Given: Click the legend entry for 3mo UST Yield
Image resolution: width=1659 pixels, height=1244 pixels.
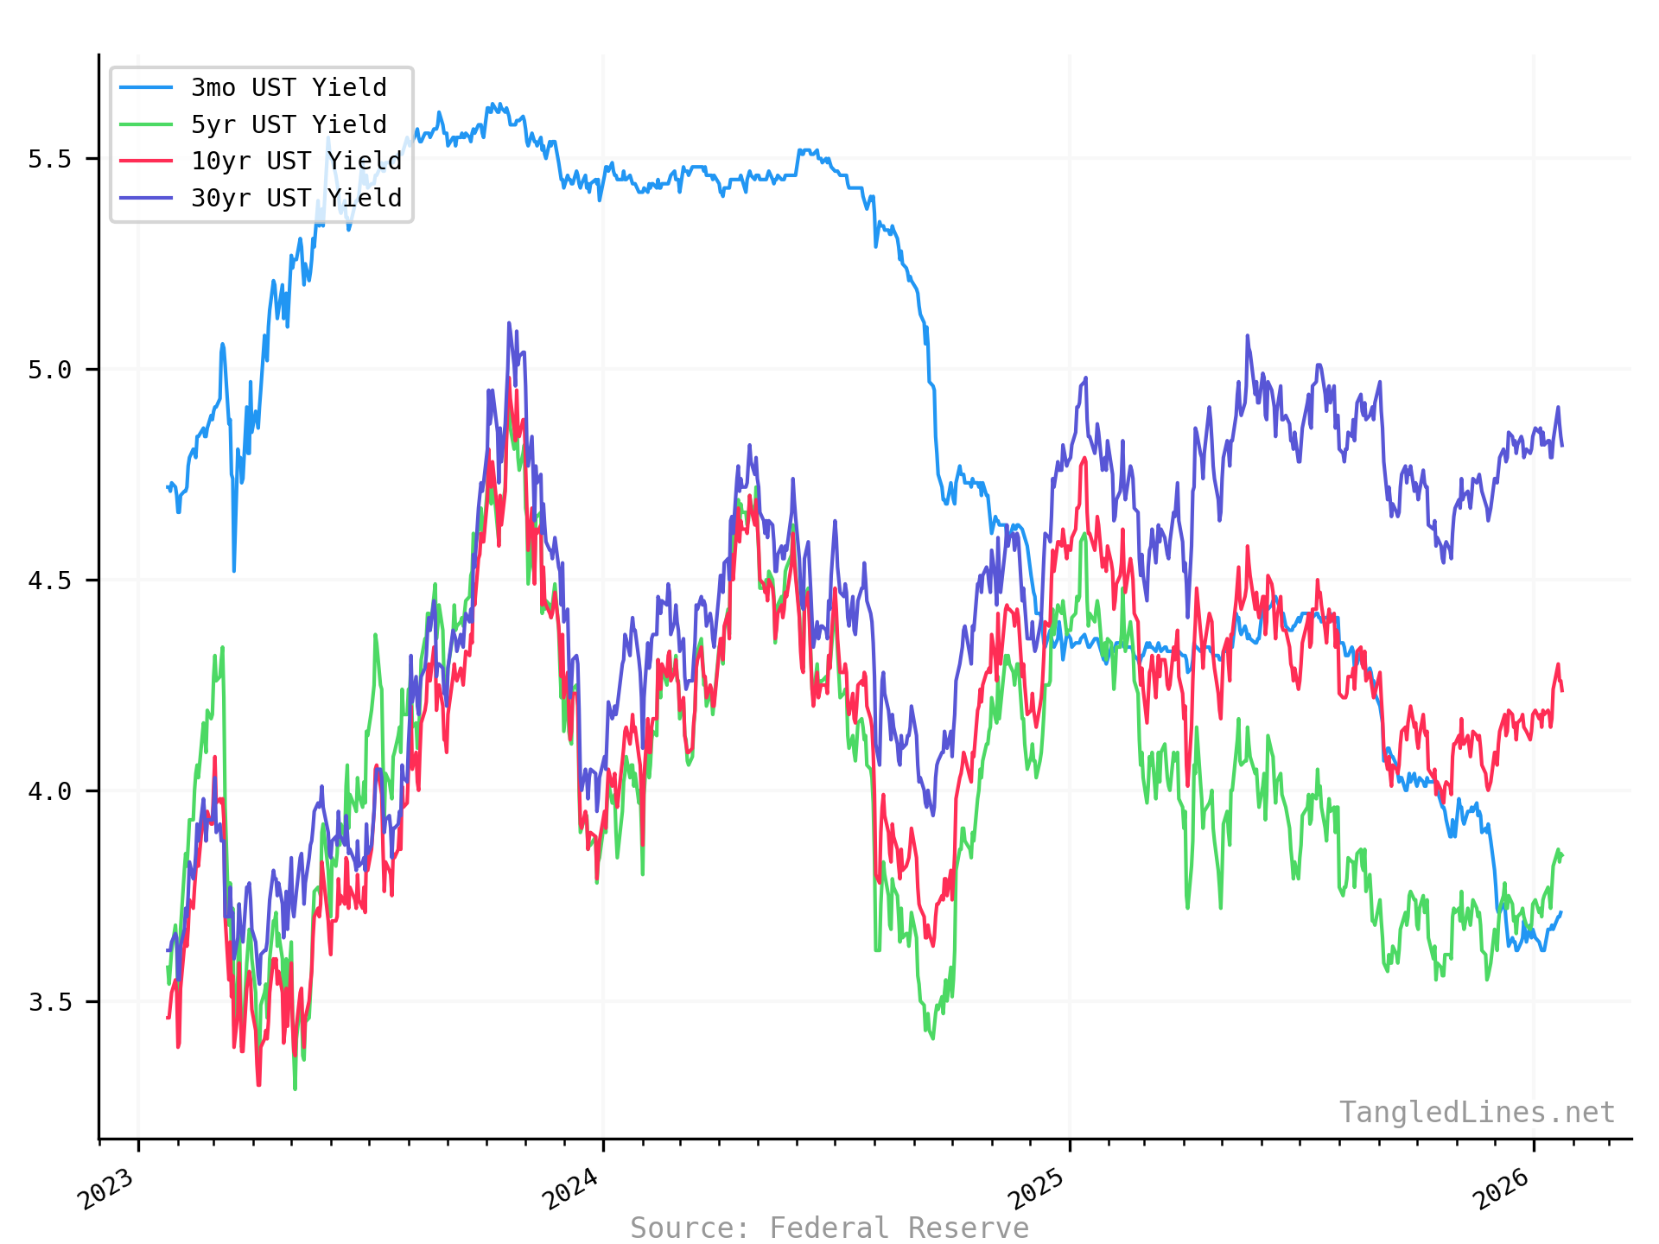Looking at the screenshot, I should tap(289, 87).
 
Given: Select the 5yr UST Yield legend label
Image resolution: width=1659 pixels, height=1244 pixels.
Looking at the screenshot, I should tap(289, 124).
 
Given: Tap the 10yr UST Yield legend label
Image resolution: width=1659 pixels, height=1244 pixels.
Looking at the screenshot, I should tap(296, 162).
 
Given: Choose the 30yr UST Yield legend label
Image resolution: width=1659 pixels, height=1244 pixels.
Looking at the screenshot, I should tap(296, 199).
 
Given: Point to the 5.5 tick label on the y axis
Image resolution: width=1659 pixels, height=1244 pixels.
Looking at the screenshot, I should tap(50, 159).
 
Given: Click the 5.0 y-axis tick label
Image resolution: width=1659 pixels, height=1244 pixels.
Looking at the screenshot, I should tap(50, 370).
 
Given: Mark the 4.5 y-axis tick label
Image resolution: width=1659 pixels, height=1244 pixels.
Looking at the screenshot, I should tap(50, 581).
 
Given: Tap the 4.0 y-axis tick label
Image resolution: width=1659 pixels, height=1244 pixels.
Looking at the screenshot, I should tap(50, 791).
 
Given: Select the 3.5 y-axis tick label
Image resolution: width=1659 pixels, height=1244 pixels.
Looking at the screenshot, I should tap(50, 1002).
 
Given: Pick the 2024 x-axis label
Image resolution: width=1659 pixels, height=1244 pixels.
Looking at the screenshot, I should tap(571, 1189).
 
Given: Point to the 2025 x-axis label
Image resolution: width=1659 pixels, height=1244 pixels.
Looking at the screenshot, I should tap(1038, 1189).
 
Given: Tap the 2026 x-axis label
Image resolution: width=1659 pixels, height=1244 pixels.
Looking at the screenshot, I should tap(1502, 1189).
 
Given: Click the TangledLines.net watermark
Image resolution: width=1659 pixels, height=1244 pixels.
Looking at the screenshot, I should tap(1477, 1113).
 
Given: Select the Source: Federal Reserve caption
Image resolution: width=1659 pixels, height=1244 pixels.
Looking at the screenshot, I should tap(829, 1228).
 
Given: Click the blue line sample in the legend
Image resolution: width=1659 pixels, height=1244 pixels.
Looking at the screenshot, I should tap(146, 87).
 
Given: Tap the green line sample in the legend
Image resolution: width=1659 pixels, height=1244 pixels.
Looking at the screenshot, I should tap(146, 124).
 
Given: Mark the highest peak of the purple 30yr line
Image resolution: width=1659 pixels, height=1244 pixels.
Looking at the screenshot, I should tap(509, 323).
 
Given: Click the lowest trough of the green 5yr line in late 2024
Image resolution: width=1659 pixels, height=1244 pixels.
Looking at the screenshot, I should tap(932, 1038).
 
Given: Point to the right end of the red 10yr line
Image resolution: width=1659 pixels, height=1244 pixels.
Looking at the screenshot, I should tap(1561, 690).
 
